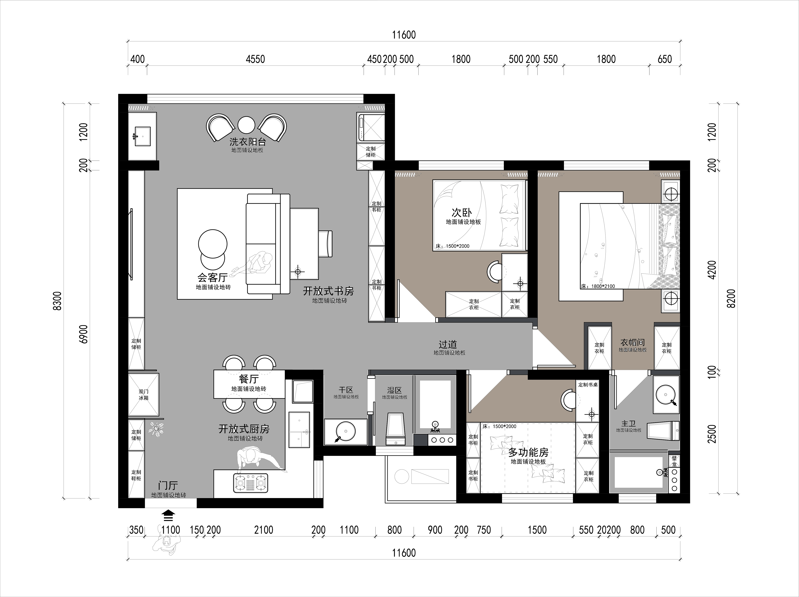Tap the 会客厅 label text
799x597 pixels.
[x=212, y=277]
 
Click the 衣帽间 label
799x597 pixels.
[x=633, y=342]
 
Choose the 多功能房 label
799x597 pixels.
[x=528, y=452]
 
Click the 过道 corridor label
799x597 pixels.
[x=448, y=344]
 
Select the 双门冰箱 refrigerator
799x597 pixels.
[x=143, y=395]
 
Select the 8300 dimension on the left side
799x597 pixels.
[x=58, y=301]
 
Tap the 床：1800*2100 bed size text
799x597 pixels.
[x=598, y=286]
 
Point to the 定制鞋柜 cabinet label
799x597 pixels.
[x=136, y=475]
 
